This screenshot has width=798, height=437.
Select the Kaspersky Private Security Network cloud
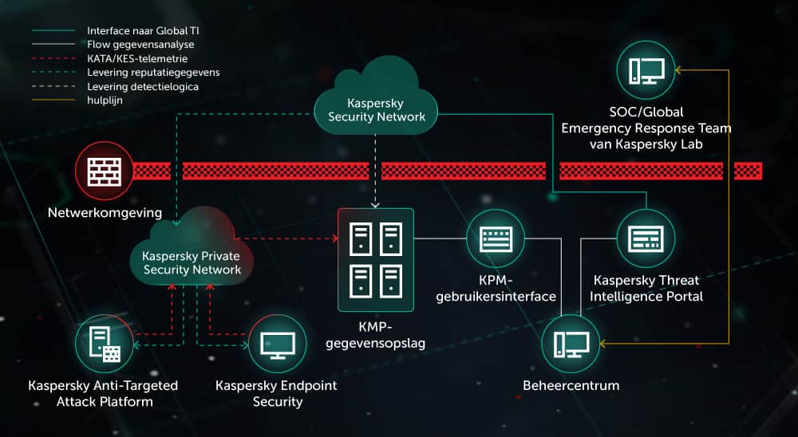[192, 254]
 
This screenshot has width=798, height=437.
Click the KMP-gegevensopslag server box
[376, 260]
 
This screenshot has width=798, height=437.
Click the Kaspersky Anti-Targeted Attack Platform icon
[105, 344]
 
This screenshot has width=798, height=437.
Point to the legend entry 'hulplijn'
[104, 100]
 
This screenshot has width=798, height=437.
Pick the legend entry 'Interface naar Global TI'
[142, 31]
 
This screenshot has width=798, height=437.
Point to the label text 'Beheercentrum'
[571, 386]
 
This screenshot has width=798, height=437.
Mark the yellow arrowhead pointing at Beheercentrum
[604, 344]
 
